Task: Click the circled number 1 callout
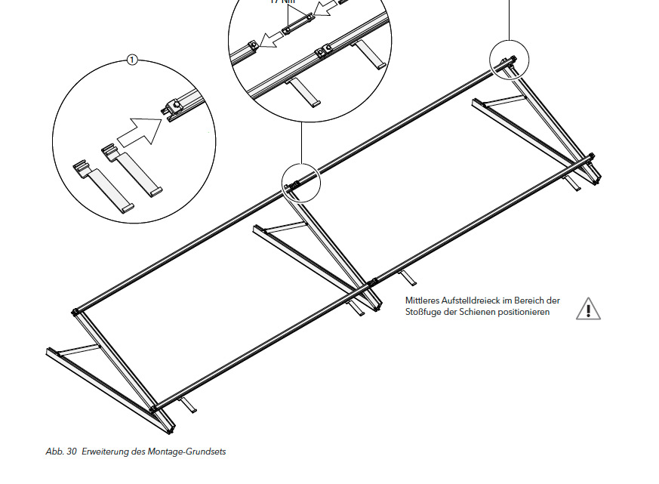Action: coord(132,60)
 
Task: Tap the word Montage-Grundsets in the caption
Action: coord(192,452)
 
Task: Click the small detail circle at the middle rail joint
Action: coord(301,182)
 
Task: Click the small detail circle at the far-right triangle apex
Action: coord(510,60)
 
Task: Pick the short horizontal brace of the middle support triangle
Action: coord(285,227)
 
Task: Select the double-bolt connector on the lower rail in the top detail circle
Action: coord(325,51)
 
